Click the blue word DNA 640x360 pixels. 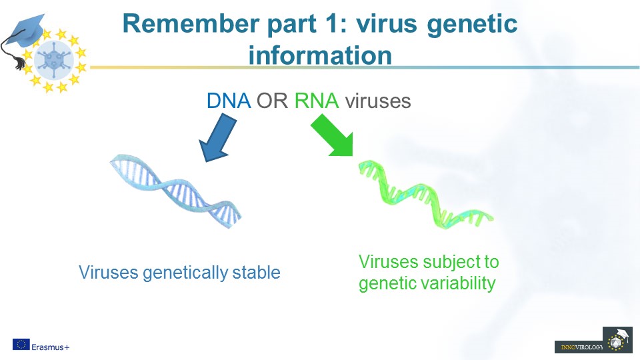[229, 101]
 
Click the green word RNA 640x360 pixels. [317, 101]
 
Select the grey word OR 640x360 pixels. [272, 101]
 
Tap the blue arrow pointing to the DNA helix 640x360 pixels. [217, 137]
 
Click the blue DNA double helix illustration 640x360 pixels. [175, 191]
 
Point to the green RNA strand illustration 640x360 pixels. [426, 194]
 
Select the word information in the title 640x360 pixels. [320, 55]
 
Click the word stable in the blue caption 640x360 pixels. [256, 272]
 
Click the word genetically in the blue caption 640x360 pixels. [185, 273]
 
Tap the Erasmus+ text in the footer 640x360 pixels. [51, 347]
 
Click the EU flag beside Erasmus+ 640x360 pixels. [21, 345]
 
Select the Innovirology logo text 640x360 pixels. [581, 347]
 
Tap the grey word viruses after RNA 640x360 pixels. [378, 101]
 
